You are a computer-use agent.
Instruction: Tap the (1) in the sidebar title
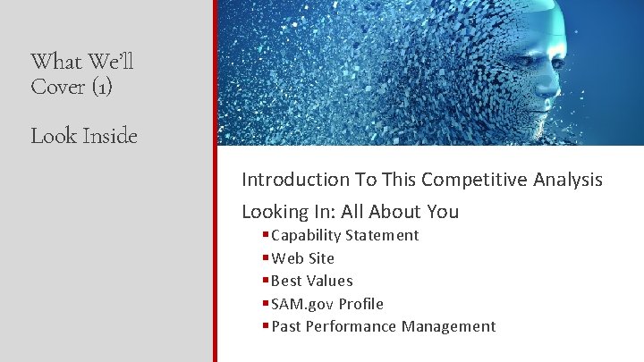97,88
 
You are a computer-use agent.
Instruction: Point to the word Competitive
472,179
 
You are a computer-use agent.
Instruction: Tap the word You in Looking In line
442,212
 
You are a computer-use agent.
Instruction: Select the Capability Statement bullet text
344,235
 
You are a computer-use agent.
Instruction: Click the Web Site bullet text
302,258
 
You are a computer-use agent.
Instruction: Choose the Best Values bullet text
311,281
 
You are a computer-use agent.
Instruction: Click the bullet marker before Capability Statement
266,235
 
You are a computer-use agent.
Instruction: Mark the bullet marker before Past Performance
266,326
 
